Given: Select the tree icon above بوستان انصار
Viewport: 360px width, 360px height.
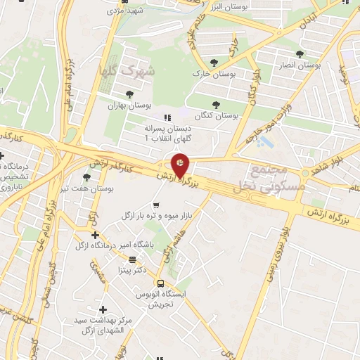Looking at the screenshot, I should [300, 53].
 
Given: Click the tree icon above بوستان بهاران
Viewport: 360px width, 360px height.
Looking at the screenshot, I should [129, 94].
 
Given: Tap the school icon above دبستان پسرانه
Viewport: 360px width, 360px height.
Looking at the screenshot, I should [167, 117].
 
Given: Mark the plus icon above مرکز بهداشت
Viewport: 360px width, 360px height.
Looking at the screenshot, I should [103, 309].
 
